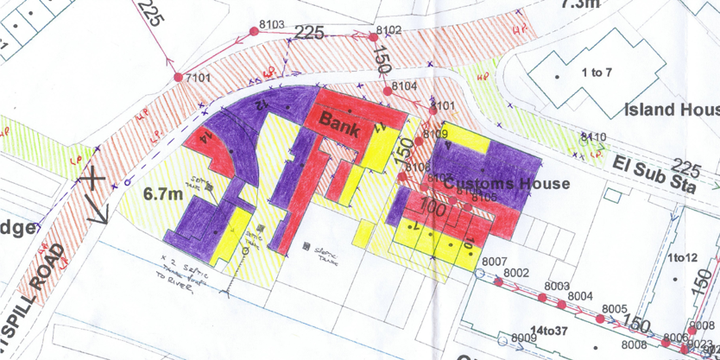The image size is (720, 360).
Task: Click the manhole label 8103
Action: click(271, 23)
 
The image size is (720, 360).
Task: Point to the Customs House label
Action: click(507, 184)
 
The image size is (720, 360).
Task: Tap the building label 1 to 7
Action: click(597, 73)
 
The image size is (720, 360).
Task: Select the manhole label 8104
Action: click(404, 87)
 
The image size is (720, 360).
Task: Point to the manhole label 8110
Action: click(594, 137)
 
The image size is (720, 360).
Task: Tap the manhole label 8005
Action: click(614, 308)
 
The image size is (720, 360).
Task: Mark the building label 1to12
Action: click(684, 258)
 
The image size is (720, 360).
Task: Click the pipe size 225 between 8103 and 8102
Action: click(309, 34)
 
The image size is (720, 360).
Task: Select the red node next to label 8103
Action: click(253, 31)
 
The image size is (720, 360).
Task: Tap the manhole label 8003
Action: click(557, 286)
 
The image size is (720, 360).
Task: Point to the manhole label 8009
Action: click(524, 337)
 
